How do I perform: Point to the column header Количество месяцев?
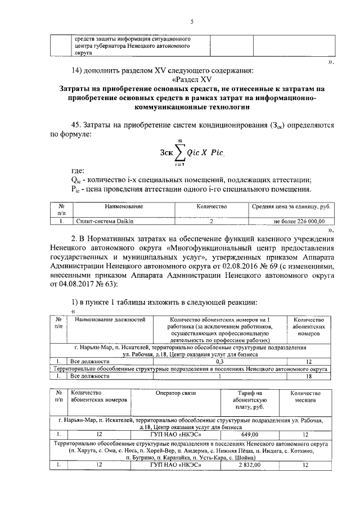305,397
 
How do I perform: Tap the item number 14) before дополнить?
75,71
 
